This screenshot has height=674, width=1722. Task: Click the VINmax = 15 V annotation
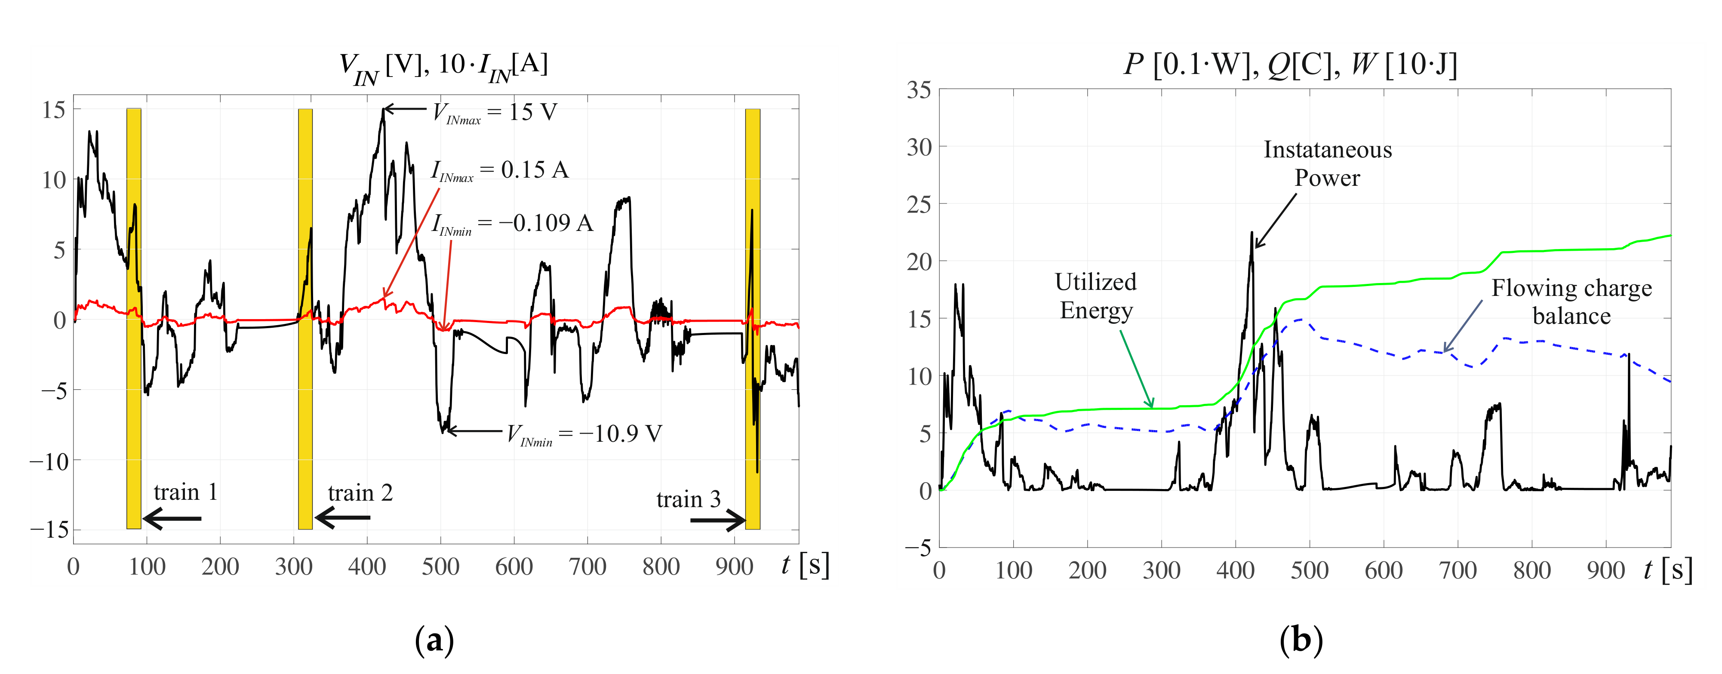(x=495, y=112)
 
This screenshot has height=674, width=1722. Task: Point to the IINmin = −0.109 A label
(x=512, y=223)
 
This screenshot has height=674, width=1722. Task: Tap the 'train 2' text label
(x=360, y=493)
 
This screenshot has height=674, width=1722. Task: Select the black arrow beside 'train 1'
(x=172, y=518)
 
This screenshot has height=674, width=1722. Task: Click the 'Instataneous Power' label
(x=1327, y=164)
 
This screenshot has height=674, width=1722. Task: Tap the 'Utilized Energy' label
(x=1096, y=296)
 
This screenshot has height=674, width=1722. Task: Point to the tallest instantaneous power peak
(x=1252, y=234)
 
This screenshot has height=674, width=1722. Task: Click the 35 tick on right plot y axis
(x=919, y=89)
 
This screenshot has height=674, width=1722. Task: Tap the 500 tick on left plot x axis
(x=440, y=567)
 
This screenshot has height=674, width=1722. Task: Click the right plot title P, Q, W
(x=1290, y=64)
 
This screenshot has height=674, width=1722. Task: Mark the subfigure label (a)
(x=434, y=640)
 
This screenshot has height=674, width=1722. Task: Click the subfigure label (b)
(x=1300, y=640)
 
